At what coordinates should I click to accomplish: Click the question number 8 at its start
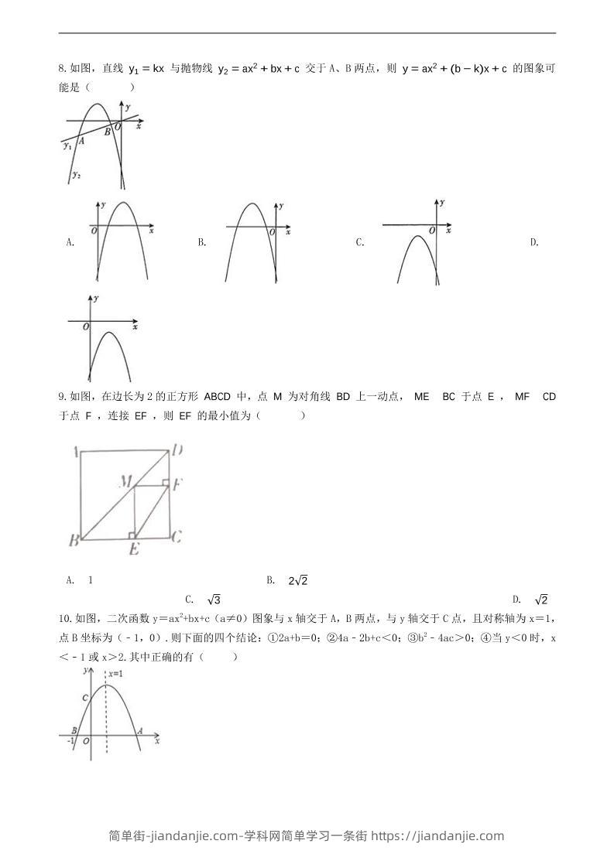(x=61, y=69)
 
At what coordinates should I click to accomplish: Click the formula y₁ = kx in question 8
(x=146, y=69)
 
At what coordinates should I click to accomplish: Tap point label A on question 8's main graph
(x=81, y=140)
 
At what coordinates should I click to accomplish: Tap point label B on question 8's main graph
(x=108, y=132)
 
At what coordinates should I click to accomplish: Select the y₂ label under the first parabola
(x=76, y=175)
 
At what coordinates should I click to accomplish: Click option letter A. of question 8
(x=70, y=242)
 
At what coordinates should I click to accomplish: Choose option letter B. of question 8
(x=201, y=242)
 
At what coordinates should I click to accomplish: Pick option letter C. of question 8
(x=360, y=242)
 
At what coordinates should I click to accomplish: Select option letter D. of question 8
(x=534, y=242)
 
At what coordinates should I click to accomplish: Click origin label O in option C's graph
(x=431, y=231)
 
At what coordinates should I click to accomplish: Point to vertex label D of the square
(x=177, y=450)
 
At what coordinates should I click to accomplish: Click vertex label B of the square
(x=74, y=540)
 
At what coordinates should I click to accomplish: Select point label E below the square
(x=133, y=549)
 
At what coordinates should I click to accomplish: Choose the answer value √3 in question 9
(x=214, y=600)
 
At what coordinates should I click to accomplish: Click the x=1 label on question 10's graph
(x=115, y=674)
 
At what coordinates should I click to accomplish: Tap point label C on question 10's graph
(x=85, y=697)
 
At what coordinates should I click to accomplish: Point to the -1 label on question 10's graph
(x=71, y=740)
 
